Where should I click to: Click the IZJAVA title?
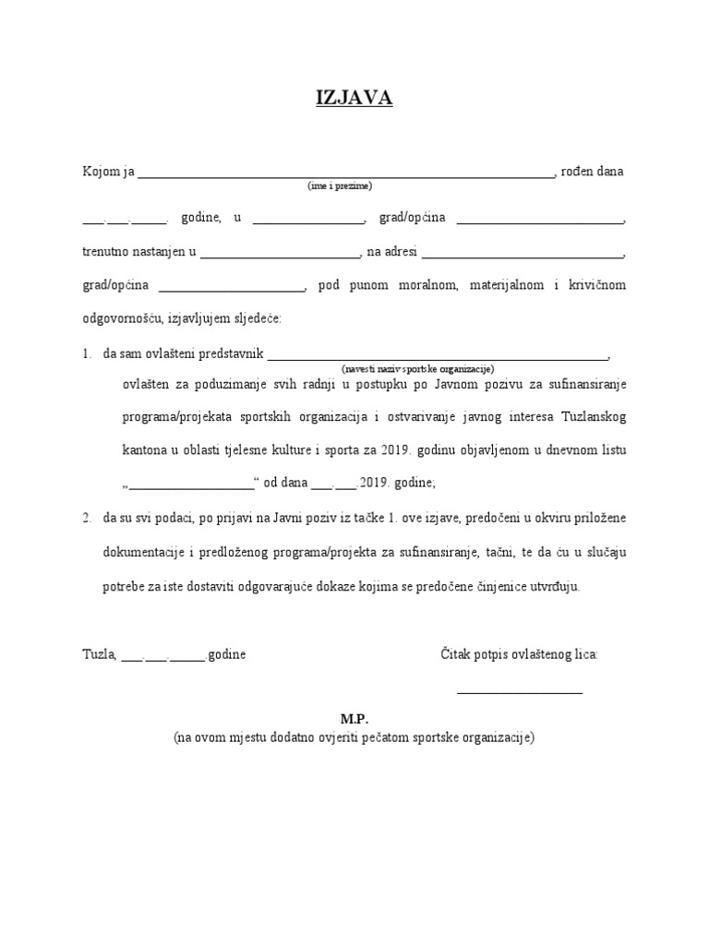tap(354, 99)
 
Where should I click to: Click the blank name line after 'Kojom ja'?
tap(345, 173)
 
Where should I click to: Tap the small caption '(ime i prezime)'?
tap(340, 185)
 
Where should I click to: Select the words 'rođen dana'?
tap(593, 172)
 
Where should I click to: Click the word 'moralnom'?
tap(428, 285)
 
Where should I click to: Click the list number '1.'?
tap(87, 353)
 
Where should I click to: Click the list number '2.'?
tap(87, 519)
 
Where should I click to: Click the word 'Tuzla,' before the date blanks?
tap(99, 654)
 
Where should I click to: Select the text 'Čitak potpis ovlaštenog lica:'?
tap(519, 654)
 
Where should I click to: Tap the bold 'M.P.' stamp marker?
tap(354, 719)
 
